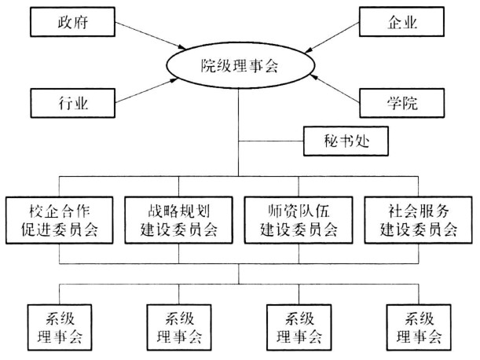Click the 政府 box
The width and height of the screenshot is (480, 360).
coord(72,22)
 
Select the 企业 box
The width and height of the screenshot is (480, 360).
coord(401,22)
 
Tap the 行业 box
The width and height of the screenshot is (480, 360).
coord(72,103)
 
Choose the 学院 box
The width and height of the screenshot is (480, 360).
coord(401,103)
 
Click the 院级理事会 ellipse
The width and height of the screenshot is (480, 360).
coord(240,65)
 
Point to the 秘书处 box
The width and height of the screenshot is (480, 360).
coord(346,141)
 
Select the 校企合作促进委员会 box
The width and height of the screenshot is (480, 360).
coord(60,220)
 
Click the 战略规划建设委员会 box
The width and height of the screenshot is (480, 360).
coord(179,220)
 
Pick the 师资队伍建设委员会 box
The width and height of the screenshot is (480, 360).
coord(299,220)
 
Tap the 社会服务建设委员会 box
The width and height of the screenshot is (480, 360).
coord(418,220)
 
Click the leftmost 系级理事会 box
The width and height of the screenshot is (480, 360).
coord(60,328)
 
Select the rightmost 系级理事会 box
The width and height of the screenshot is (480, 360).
coord(419,328)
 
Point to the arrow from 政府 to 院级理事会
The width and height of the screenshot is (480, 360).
coord(150,35)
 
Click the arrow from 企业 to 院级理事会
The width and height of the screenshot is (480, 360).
coord(332,38)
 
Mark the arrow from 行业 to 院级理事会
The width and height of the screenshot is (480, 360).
coord(146,90)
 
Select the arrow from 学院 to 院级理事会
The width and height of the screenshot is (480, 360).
coord(335,89)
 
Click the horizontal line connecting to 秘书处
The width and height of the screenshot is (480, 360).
coord(271,141)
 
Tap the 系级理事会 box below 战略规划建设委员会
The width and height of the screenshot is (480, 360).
coord(179,328)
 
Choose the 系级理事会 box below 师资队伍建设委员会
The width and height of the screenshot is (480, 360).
coord(299,328)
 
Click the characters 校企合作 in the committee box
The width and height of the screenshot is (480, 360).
coord(60,211)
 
